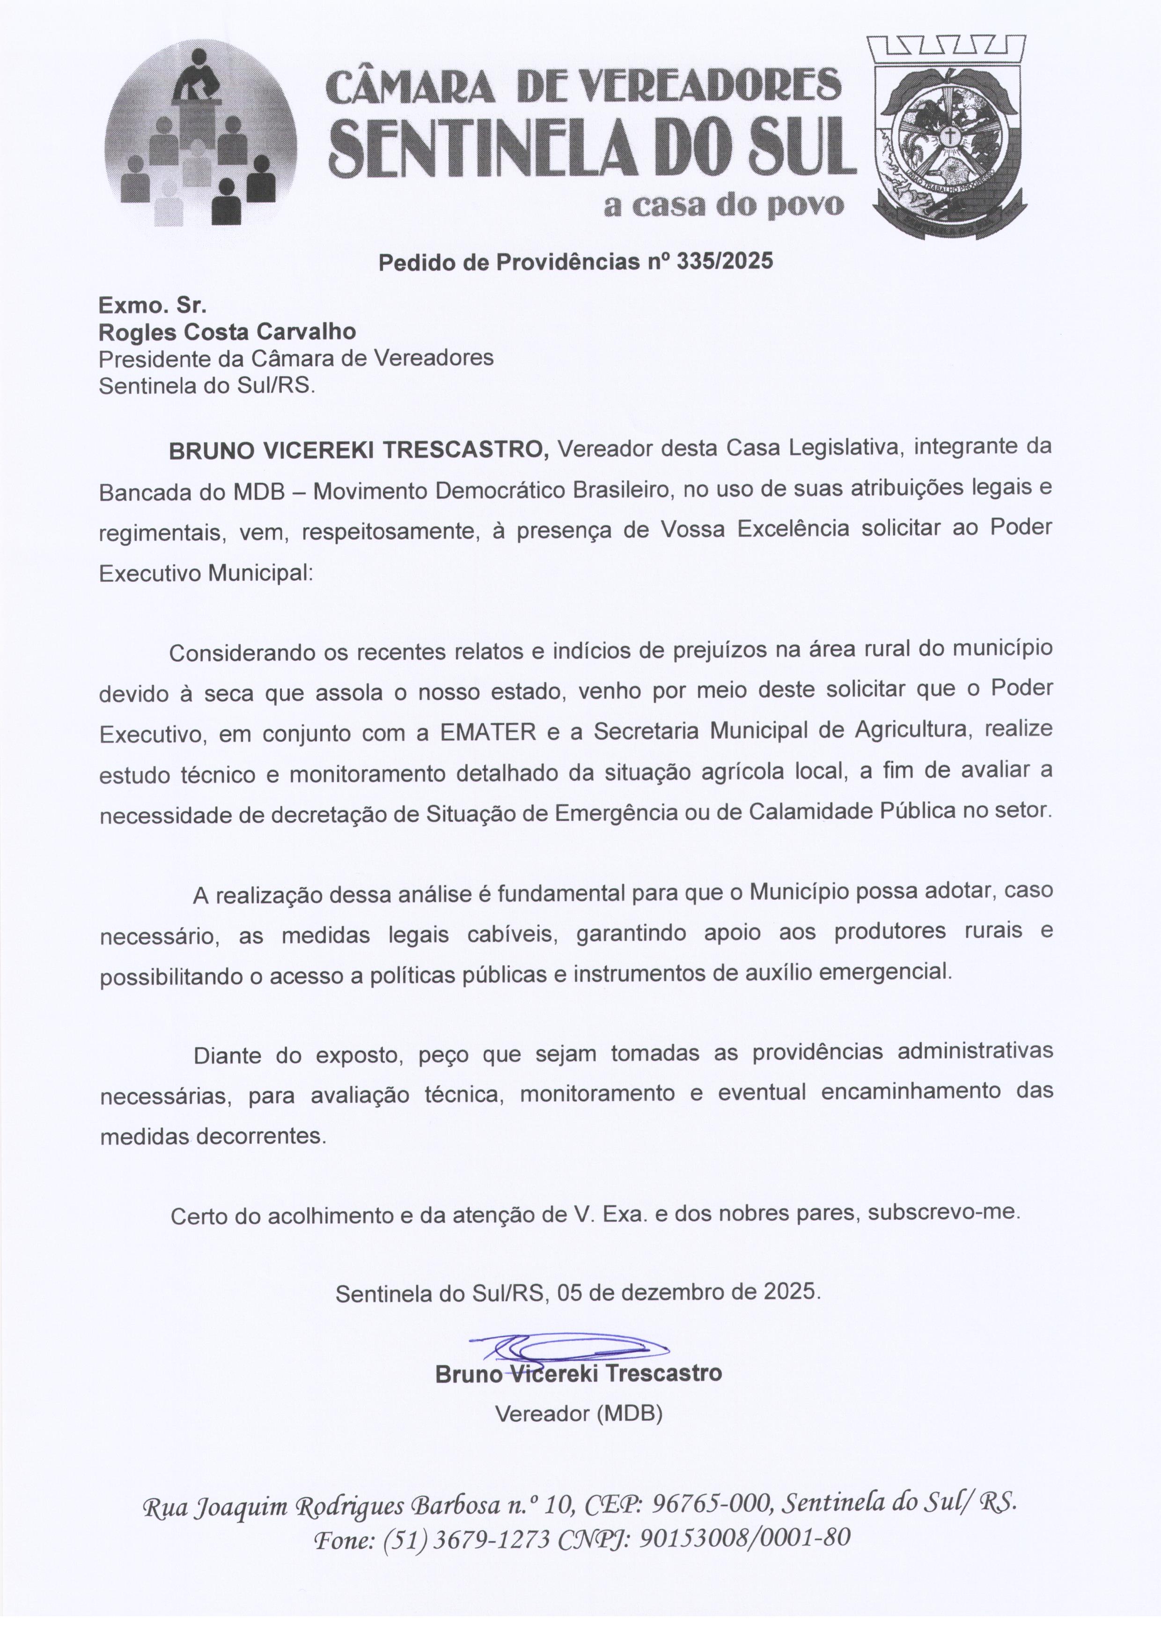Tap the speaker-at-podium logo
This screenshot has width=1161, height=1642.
(200, 136)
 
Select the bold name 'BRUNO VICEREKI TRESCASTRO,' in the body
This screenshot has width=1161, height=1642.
(358, 450)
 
